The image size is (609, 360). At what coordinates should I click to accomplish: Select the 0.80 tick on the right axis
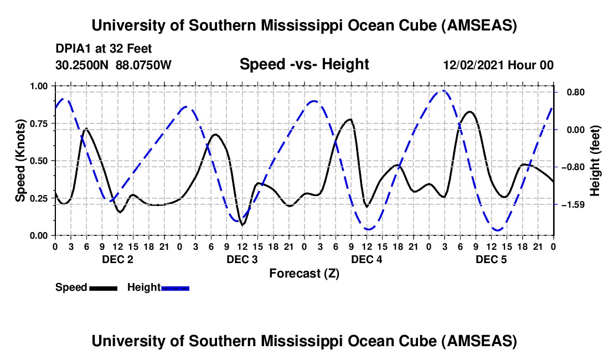pyautogui.click(x=570, y=92)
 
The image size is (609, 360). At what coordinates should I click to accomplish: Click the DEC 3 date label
pyautogui.click(x=241, y=259)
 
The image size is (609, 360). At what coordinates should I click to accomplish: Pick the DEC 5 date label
pyautogui.click(x=491, y=259)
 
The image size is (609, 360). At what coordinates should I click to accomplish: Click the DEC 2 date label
pyautogui.click(x=117, y=259)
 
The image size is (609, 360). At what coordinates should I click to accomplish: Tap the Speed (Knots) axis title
pyautogui.click(x=20, y=161)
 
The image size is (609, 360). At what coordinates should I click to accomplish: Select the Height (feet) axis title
pyautogui.click(x=595, y=161)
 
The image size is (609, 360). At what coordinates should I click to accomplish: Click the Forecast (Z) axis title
pyautogui.click(x=303, y=273)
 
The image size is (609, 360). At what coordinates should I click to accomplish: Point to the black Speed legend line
pyautogui.click(x=103, y=287)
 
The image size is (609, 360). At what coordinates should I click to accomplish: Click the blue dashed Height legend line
pyautogui.click(x=175, y=287)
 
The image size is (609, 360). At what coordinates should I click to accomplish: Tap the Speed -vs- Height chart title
pyautogui.click(x=304, y=65)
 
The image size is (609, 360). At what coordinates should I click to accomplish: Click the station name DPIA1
pyautogui.click(x=71, y=49)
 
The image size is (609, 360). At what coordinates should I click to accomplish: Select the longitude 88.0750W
pyautogui.click(x=144, y=65)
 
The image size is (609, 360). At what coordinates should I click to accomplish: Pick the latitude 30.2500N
pyautogui.click(x=82, y=65)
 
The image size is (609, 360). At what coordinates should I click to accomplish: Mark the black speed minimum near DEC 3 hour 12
pyautogui.click(x=242, y=225)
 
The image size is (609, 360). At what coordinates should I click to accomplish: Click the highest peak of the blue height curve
pyautogui.click(x=443, y=91)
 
